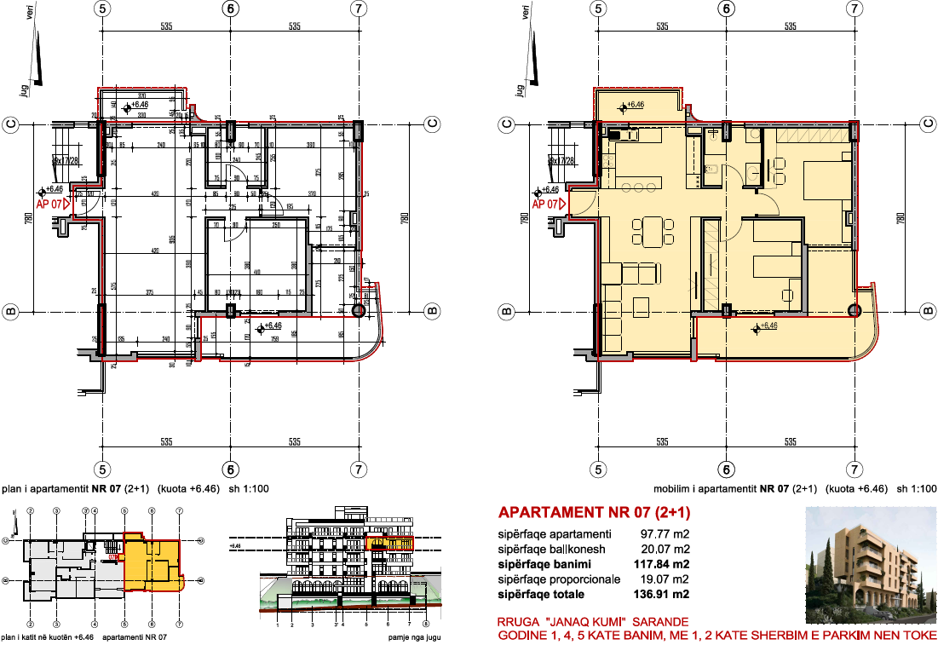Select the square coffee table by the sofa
coord(642,304)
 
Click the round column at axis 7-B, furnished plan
coord(855,311)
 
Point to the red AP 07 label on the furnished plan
coord(546,204)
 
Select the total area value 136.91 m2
coord(660,594)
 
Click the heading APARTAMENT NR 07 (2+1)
coord(594,513)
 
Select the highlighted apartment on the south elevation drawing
coord(389,543)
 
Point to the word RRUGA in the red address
coord(516,622)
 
